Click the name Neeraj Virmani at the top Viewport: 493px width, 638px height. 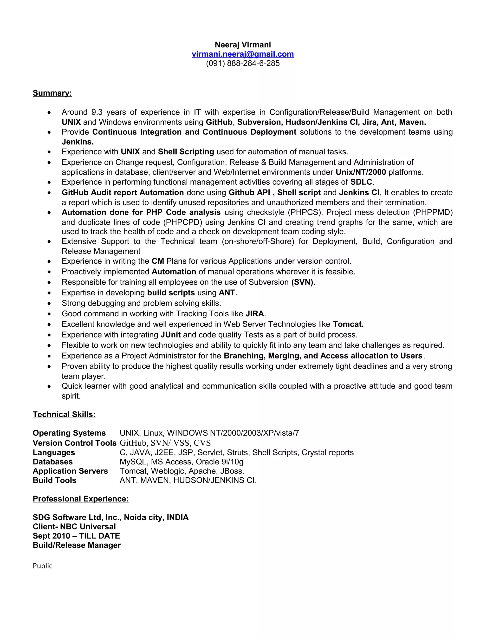243,45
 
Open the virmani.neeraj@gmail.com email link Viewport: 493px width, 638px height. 243,54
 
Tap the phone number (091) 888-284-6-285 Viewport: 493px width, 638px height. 243,63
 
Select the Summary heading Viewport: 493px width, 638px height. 52,93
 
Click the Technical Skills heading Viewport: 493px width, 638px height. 64,414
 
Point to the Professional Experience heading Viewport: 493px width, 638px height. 81,499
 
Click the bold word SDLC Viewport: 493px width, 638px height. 361,182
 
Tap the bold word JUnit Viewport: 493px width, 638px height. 171,335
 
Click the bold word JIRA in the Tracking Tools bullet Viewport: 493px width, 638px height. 255,314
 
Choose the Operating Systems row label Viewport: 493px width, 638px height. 69,433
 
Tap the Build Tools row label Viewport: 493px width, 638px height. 55,480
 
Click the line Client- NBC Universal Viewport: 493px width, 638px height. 74,527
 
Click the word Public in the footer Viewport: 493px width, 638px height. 43,566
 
